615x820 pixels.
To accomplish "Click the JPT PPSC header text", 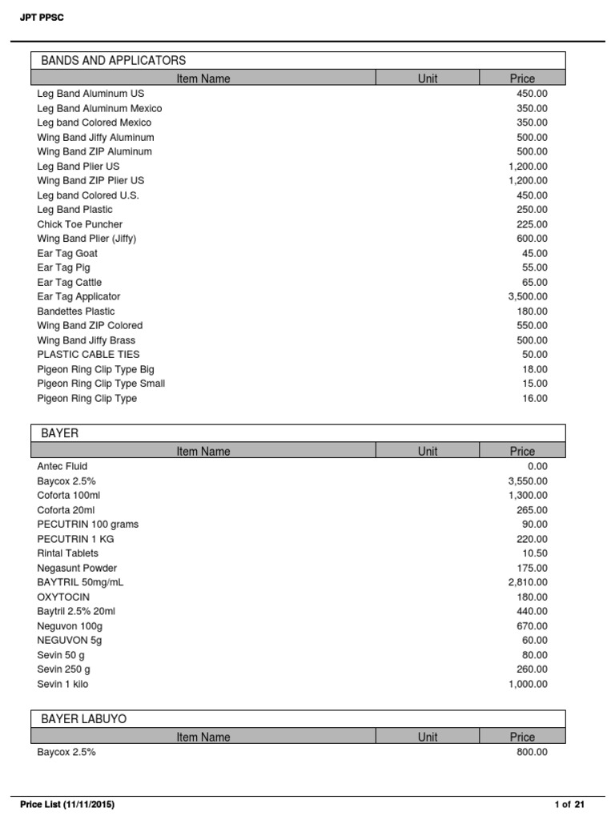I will tap(42, 18).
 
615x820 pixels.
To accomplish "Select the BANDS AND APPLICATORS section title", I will tap(113, 60).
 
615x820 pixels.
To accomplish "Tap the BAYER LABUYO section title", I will tap(83, 719).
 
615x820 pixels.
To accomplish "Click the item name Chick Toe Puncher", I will tap(79, 224).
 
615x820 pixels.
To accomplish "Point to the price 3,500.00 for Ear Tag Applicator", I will tap(528, 296).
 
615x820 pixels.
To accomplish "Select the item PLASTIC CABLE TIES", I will tap(88, 354).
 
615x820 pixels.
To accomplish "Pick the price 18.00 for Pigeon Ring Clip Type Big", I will tap(535, 369).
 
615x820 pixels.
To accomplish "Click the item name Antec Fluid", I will tap(62, 466).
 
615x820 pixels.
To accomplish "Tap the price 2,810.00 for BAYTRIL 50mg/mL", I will tap(528, 582).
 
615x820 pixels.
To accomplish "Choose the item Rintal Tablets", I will tap(68, 553).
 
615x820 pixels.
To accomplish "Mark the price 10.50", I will tap(535, 553).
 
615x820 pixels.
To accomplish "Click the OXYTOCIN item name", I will tap(63, 597).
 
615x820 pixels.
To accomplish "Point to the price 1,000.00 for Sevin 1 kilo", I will tap(528, 684).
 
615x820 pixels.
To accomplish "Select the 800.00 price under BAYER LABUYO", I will tap(532, 753).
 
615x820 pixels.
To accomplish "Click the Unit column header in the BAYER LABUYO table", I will tap(428, 737).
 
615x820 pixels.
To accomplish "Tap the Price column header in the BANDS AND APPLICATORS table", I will tap(522, 78).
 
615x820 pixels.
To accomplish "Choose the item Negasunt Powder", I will tap(77, 568).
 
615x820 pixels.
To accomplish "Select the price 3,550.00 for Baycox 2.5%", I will tap(528, 480).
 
